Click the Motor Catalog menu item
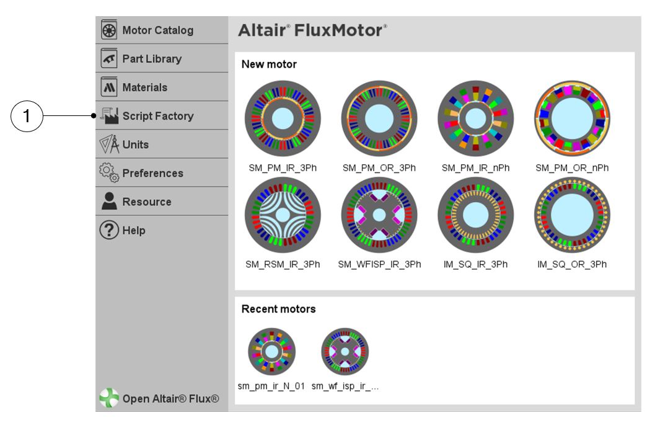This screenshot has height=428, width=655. tap(157, 30)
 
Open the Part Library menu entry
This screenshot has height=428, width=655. tap(152, 59)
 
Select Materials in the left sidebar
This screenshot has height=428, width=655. tap(144, 87)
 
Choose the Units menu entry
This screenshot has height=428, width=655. tap(135, 145)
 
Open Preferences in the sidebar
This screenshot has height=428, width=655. tap(152, 173)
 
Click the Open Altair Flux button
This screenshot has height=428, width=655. tap(160, 398)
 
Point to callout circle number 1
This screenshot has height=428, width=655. tap(27, 116)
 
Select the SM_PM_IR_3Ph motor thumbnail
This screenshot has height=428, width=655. tap(283, 118)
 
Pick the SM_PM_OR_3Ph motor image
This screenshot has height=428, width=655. tap(379, 118)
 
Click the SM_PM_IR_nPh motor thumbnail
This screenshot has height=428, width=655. tap(475, 118)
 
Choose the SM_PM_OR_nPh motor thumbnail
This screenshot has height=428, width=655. tap(572, 118)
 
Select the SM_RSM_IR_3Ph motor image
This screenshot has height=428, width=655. tap(283, 215)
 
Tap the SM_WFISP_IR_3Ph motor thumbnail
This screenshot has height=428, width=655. tap(379, 215)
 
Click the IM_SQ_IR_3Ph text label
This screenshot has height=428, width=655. tap(475, 264)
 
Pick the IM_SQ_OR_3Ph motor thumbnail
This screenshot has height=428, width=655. tap(572, 215)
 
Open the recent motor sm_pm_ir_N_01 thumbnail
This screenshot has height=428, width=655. tap(272, 352)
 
